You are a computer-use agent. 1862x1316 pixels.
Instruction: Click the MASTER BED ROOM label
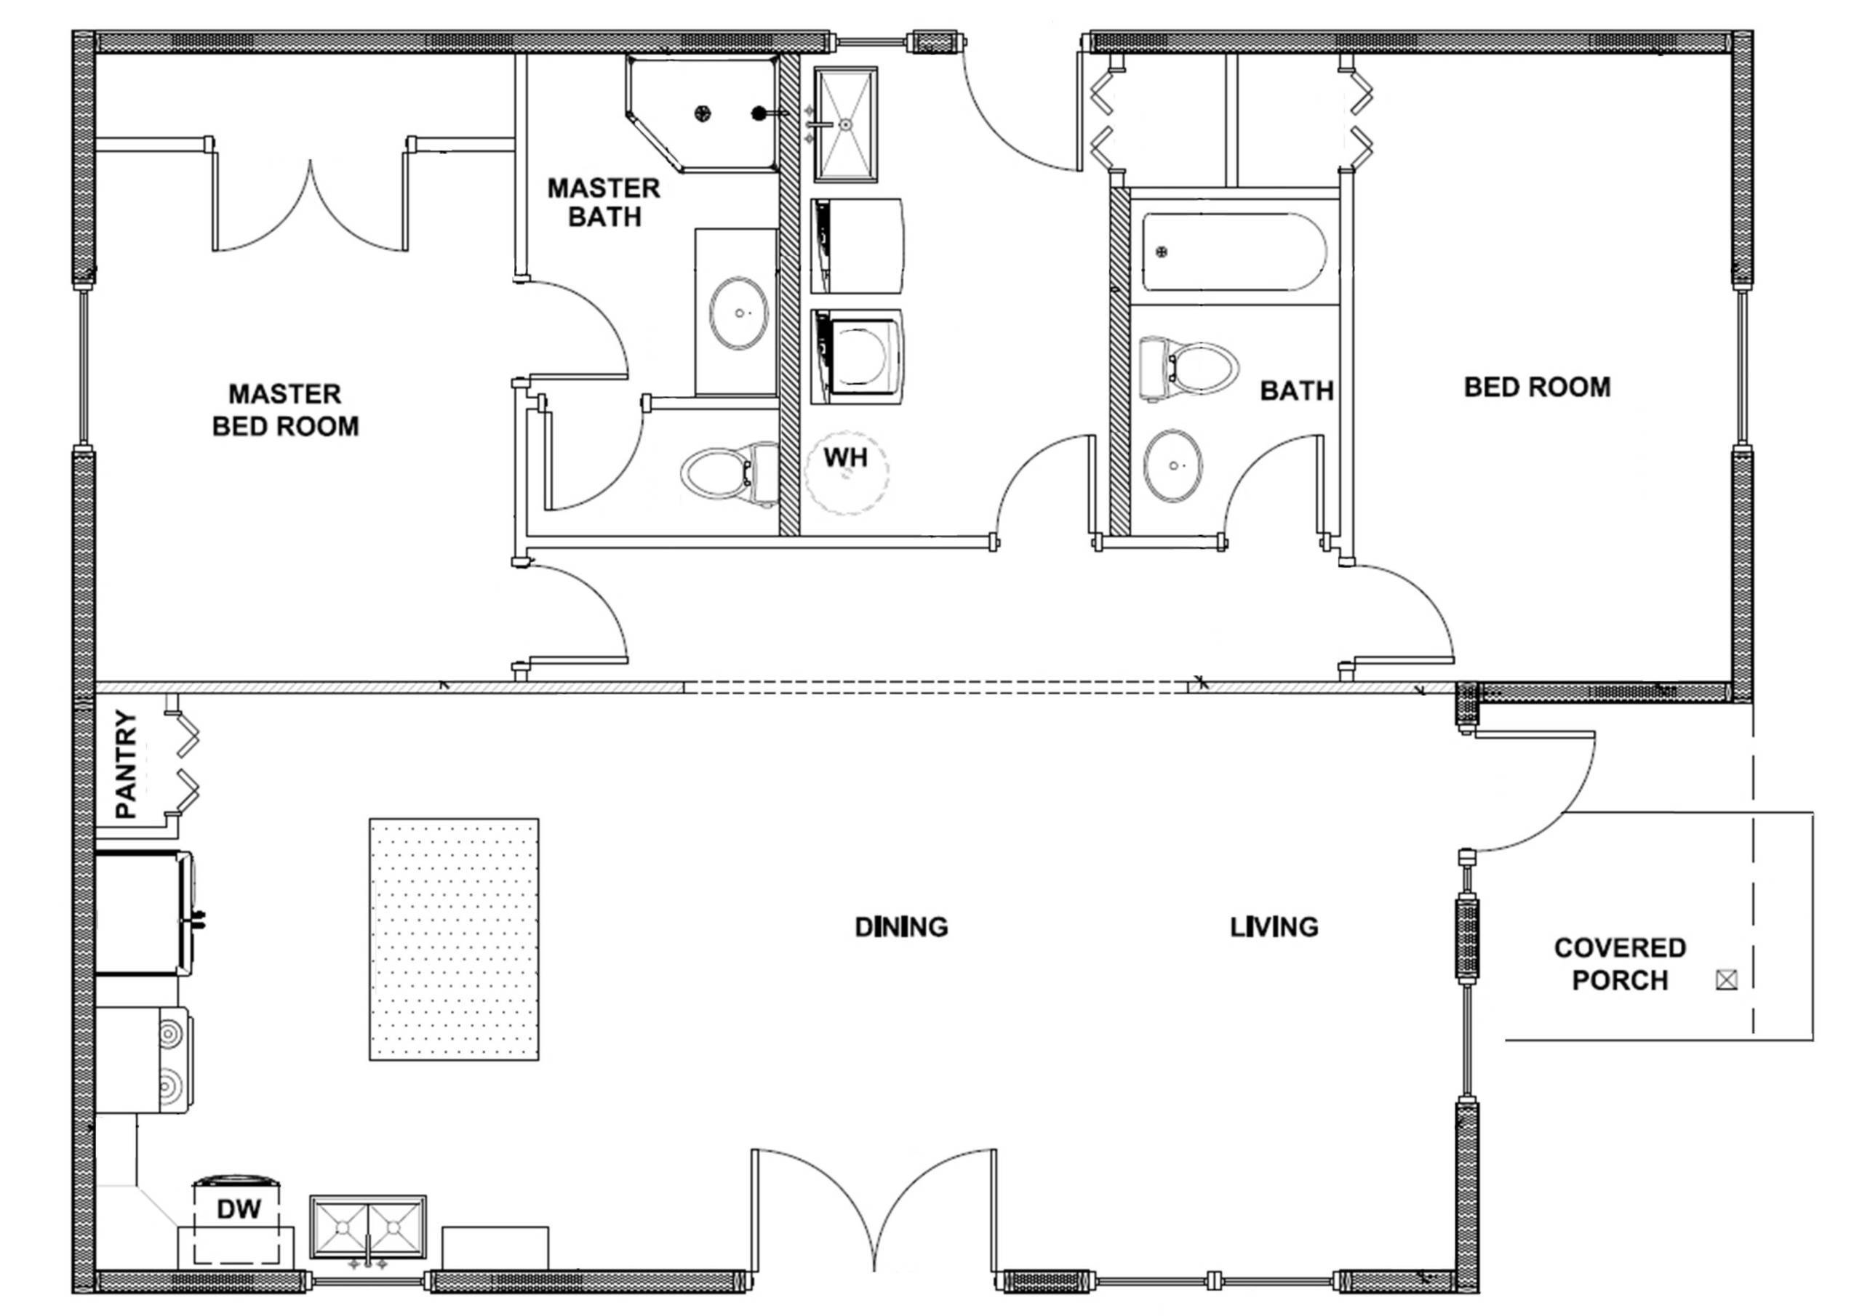pos(285,410)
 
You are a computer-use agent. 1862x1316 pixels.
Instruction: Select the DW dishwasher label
pos(239,1210)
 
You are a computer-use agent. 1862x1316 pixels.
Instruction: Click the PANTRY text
pos(127,764)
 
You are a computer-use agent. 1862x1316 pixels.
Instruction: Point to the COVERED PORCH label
pos(1620,963)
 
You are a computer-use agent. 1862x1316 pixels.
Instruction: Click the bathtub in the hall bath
pos(1233,252)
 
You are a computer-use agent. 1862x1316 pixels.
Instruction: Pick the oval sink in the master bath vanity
pos(738,313)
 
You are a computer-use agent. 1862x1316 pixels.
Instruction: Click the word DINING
pos(901,927)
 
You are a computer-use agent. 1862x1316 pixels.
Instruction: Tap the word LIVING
pos(1274,927)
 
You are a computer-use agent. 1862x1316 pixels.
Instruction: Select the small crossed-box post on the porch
pos(1727,980)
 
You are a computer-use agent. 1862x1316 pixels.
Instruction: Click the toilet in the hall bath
pos(1188,369)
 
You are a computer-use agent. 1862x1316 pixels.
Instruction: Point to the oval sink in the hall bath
pos(1172,466)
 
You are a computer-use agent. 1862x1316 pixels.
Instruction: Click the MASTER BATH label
pos(604,203)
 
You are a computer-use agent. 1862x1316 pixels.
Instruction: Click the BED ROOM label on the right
pos(1537,388)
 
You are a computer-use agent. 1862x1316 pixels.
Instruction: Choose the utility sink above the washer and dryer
pos(845,124)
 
